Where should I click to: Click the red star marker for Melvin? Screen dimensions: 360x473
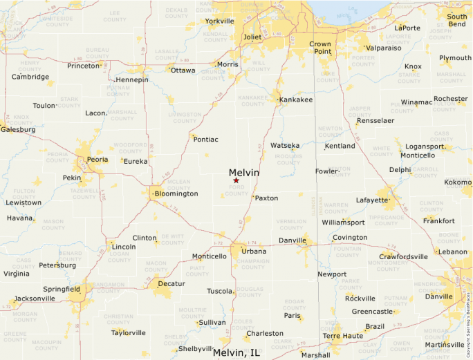point(236,181)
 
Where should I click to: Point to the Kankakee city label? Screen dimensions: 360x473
point(296,100)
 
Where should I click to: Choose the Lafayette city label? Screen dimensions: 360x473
point(372,200)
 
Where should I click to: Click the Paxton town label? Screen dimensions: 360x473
point(266,198)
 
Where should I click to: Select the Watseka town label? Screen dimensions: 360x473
point(285,146)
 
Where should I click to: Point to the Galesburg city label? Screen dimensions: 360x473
point(18,129)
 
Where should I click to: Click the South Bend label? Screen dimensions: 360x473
point(456,20)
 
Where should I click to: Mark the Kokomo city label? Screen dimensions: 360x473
point(458,182)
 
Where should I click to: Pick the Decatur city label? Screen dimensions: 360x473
point(171,283)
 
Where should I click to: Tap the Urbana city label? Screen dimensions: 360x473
point(254,251)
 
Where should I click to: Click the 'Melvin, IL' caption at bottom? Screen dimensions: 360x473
point(236,352)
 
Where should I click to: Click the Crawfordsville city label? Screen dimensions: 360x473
point(403,256)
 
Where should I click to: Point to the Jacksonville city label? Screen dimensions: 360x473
point(35,299)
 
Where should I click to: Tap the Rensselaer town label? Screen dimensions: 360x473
point(375,120)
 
